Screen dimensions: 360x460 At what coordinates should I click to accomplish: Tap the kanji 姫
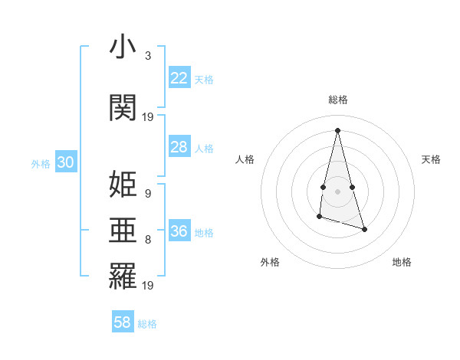pyautogui.click(x=123, y=185)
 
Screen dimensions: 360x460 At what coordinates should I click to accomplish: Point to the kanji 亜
pyautogui.click(x=123, y=231)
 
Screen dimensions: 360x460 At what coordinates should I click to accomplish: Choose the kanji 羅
pyautogui.click(x=123, y=277)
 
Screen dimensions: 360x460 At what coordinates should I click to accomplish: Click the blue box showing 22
pyautogui.click(x=179, y=78)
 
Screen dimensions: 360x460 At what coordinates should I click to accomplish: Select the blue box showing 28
pyautogui.click(x=179, y=147)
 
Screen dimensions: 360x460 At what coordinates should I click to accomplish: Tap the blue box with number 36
pyautogui.click(x=179, y=231)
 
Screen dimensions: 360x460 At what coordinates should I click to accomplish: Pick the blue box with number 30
pyautogui.click(x=65, y=162)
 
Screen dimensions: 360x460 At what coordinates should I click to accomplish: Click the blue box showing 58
pyautogui.click(x=123, y=322)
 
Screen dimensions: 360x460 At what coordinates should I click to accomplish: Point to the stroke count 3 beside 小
pyautogui.click(x=147, y=56)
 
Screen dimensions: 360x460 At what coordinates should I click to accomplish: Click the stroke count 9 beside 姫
pyautogui.click(x=147, y=194)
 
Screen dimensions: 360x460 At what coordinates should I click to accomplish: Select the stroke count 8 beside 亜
pyautogui.click(x=147, y=240)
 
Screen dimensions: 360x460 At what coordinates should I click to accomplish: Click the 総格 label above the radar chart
pyautogui.click(x=337, y=100)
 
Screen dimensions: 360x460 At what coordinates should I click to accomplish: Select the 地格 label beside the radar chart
pyautogui.click(x=402, y=262)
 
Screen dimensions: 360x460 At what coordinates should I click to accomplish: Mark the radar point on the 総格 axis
pyautogui.click(x=337, y=130)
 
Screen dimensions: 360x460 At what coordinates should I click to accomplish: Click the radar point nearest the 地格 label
pyautogui.click(x=364, y=229)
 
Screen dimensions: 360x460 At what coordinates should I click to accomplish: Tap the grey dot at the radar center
pyautogui.click(x=337, y=190)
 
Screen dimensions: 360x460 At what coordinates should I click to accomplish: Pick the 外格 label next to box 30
pyautogui.click(x=41, y=163)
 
